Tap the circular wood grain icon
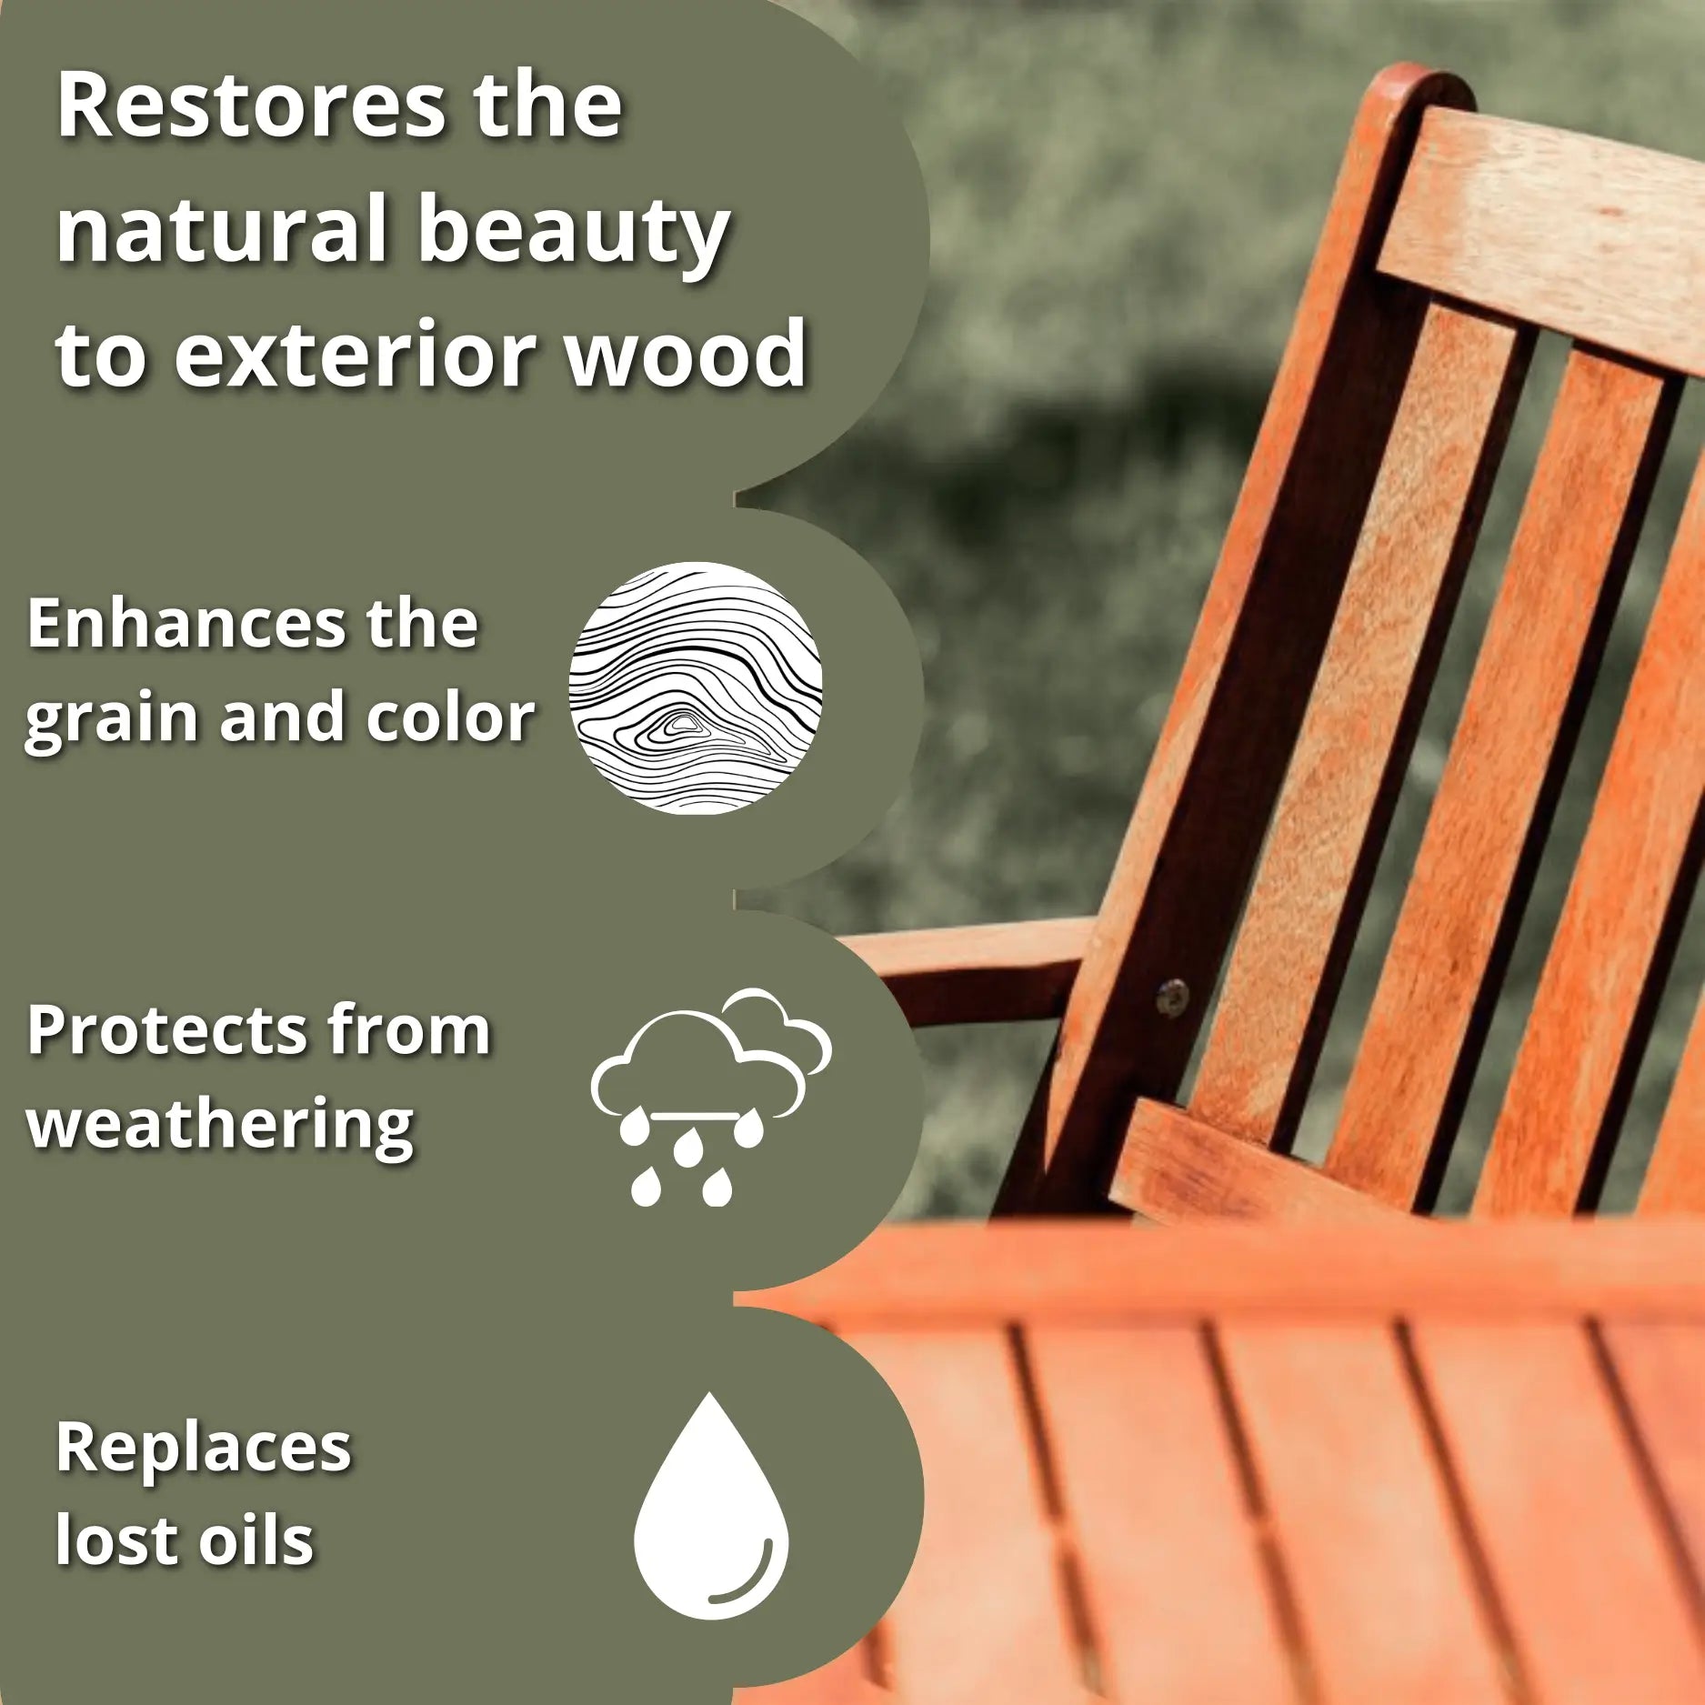point(697,687)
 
